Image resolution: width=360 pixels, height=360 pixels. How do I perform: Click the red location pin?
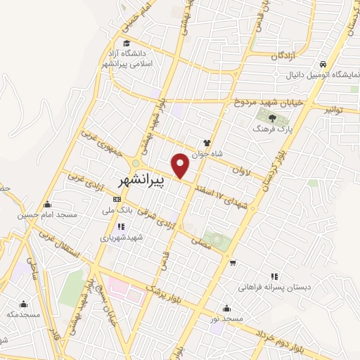[181, 165]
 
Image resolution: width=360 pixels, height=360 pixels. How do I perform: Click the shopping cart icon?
[232, 262]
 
